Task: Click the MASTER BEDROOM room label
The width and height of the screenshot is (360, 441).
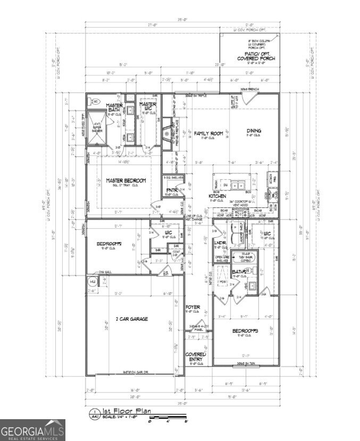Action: pyautogui.click(x=125, y=180)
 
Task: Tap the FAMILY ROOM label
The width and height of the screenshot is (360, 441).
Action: pyautogui.click(x=208, y=134)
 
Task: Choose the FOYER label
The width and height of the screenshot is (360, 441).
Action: pyautogui.click(x=192, y=308)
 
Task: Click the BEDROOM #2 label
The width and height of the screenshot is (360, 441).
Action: pyautogui.click(x=110, y=244)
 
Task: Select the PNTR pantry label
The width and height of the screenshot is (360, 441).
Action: pyautogui.click(x=171, y=190)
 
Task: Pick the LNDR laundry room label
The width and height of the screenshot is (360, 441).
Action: pyautogui.click(x=220, y=245)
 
